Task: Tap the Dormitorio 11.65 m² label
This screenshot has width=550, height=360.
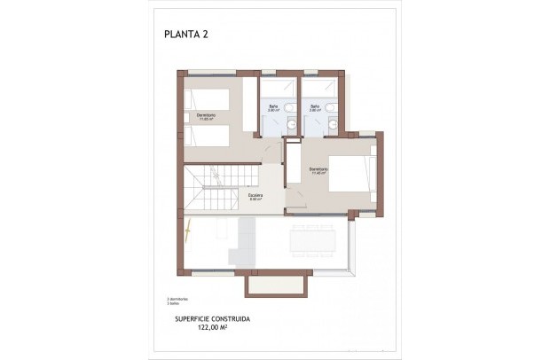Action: click(x=205, y=115)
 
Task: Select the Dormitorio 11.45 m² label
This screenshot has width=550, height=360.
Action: click(x=318, y=170)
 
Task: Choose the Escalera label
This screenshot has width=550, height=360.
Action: click(x=254, y=197)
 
